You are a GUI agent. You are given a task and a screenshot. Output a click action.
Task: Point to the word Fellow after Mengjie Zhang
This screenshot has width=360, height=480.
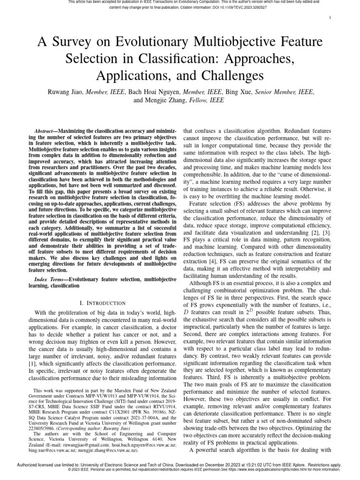[x=199, y=100]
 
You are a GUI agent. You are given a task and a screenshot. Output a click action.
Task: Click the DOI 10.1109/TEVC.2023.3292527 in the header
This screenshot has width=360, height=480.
[x=226, y=7]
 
